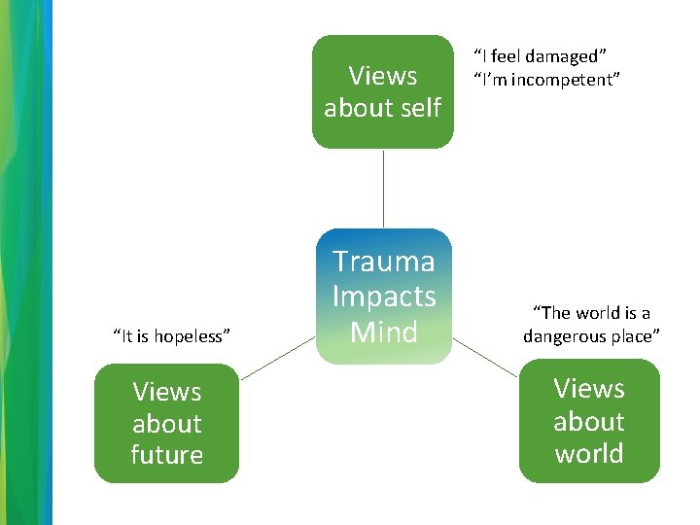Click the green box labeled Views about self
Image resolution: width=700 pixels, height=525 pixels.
click(x=382, y=91)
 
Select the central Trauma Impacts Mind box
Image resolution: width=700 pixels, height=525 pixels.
click(x=383, y=297)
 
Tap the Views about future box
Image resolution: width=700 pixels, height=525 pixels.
click(x=166, y=423)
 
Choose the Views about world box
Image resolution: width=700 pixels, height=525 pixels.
click(x=588, y=421)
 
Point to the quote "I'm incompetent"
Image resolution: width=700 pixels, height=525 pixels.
click(x=545, y=80)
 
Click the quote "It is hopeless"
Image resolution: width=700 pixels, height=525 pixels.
click(x=172, y=336)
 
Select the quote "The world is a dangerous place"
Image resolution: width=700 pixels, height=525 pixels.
click(x=591, y=325)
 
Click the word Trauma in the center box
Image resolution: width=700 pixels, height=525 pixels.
click(x=383, y=262)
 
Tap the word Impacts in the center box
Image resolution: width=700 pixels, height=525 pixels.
click(x=383, y=297)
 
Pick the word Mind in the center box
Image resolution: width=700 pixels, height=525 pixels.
click(x=383, y=332)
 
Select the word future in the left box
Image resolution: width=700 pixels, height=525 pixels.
click(x=166, y=455)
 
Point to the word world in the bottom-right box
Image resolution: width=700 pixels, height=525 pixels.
click(x=588, y=453)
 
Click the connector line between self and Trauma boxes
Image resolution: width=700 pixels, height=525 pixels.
click(x=383, y=189)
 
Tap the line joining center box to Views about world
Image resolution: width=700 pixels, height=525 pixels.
click(x=485, y=357)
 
